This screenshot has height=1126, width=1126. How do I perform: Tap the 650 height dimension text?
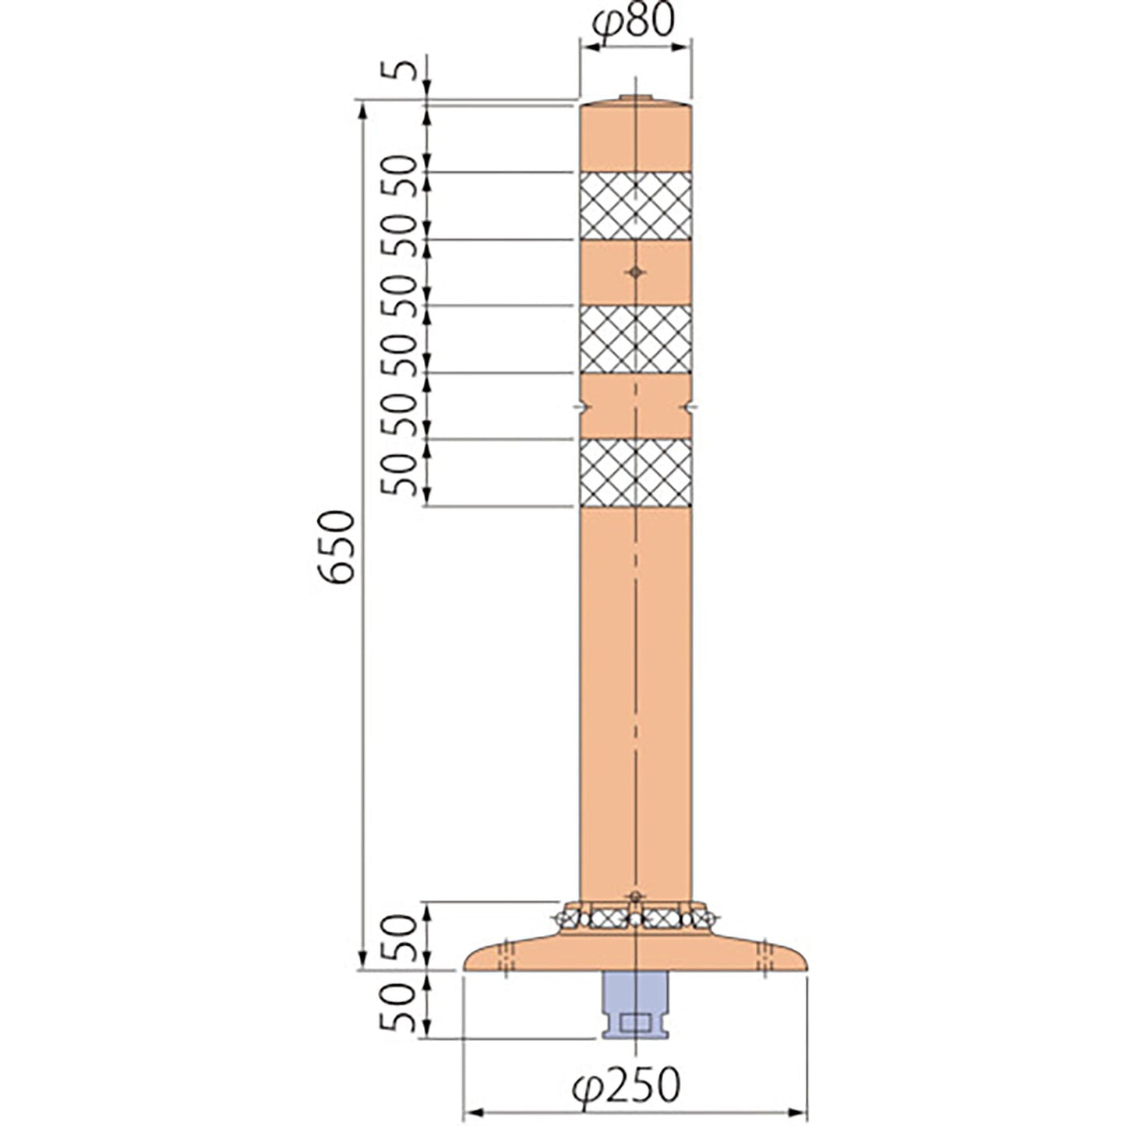click(x=337, y=547)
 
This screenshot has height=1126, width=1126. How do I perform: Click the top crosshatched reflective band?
click(x=635, y=206)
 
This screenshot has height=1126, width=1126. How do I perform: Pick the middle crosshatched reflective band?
click(x=635, y=339)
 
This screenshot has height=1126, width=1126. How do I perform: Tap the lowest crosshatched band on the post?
click(x=635, y=472)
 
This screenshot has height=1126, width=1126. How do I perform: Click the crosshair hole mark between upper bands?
click(x=635, y=272)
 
